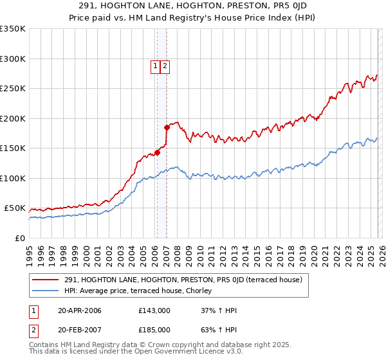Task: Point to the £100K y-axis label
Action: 12,179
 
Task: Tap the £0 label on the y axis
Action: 20,239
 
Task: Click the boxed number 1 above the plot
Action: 156,65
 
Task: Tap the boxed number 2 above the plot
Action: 165,65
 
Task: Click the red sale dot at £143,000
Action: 156,153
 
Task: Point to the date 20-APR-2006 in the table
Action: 80,310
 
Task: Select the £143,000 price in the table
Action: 154,310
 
